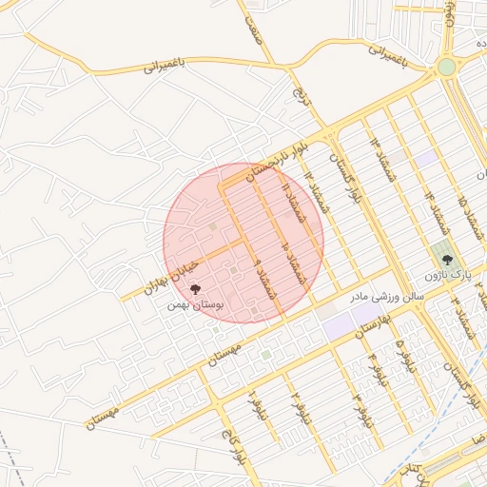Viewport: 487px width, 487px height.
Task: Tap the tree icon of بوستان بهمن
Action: pos(195,289)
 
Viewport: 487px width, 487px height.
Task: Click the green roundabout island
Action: pos(446,67)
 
